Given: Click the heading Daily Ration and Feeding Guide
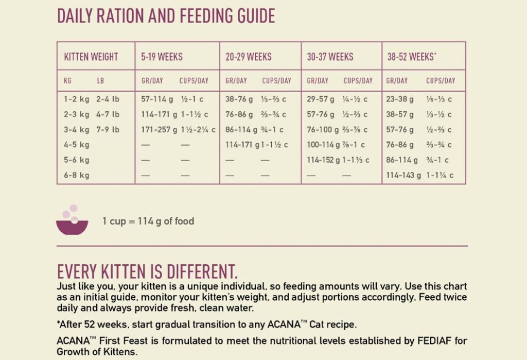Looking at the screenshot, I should click(166, 16).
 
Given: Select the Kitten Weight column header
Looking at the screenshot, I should click(91, 57).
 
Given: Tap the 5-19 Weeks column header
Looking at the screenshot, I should click(162, 57).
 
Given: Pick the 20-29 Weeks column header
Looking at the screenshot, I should click(249, 57).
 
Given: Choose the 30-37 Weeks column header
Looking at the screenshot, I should click(330, 57).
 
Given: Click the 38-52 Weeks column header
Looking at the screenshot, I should click(412, 57).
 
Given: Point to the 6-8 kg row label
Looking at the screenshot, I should click(76, 175).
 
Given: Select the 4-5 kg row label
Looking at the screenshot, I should click(76, 145).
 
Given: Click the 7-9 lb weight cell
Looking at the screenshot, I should click(108, 130).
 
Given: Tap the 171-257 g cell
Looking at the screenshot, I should click(159, 130).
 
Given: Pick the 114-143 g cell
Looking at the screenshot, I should click(403, 175).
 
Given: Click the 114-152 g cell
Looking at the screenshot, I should click(323, 160).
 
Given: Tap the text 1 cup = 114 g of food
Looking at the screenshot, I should click(148, 221).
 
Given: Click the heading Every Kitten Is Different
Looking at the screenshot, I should click(147, 271).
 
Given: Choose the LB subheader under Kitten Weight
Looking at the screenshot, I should click(100, 81).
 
